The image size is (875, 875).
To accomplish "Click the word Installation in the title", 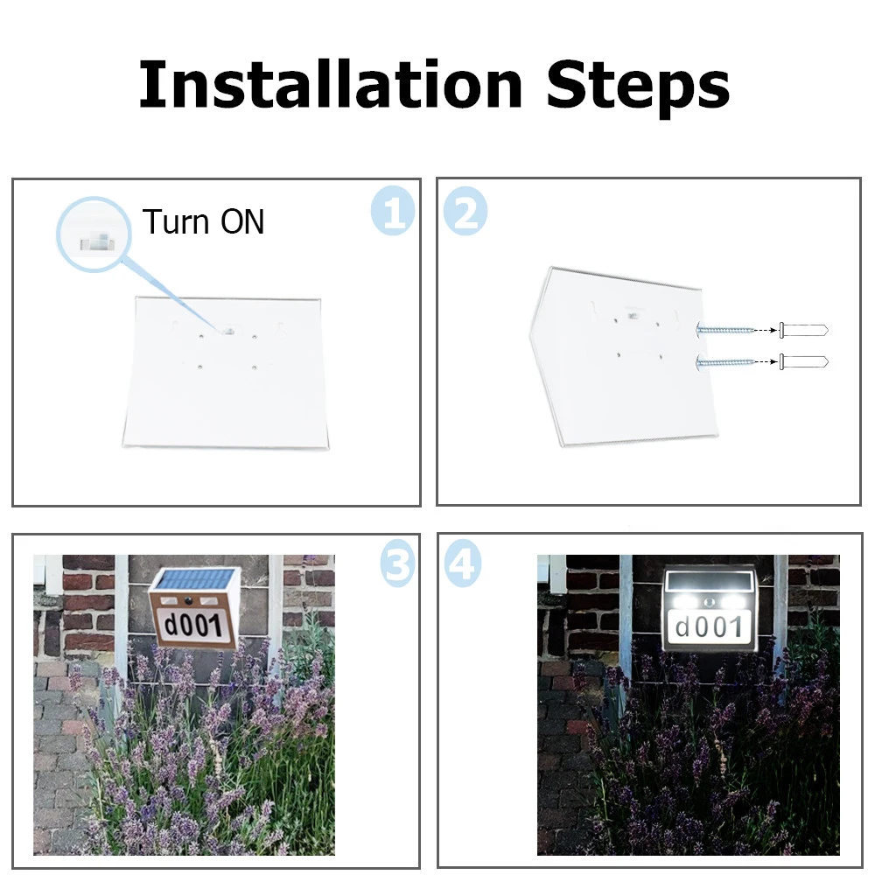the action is (331, 84).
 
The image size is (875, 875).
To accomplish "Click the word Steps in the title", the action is (638, 88).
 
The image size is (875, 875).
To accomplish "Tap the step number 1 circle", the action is (393, 210).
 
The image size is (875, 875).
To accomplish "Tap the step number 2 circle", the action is (465, 211).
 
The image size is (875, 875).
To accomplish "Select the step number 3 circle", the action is (397, 563).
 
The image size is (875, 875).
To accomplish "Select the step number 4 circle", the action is (463, 563).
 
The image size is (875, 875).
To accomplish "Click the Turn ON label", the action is (203, 221).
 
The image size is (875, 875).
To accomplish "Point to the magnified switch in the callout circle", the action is (94, 242).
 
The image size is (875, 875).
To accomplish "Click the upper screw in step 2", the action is (724, 330).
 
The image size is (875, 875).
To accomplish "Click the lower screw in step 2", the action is (724, 363).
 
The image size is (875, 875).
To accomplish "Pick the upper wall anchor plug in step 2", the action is (803, 330).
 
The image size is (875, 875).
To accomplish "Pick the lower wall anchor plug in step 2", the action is (803, 362).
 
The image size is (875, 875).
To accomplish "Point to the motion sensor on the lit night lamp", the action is (710, 603).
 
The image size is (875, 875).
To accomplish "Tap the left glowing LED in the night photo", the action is (682, 602).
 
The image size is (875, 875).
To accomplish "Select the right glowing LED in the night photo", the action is (737, 602).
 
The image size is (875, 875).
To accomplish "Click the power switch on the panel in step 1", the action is (228, 332).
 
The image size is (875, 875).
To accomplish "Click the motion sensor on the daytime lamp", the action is (189, 602).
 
